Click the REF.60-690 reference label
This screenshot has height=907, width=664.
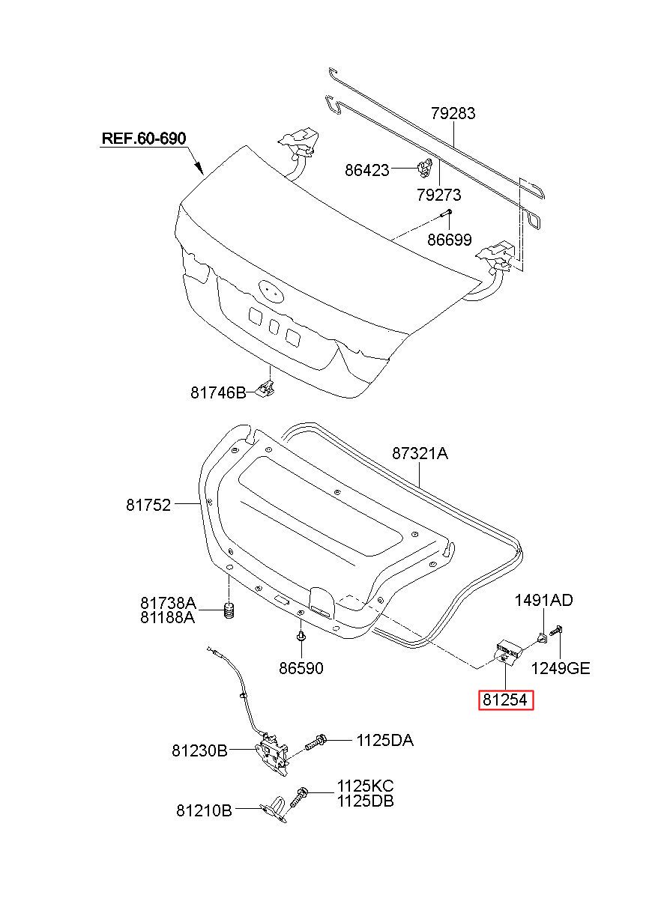coord(143,139)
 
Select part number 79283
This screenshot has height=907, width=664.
coord(453,113)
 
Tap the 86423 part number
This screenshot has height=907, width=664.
coord(366,170)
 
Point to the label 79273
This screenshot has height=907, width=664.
coord(438,195)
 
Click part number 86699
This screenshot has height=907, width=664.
coord(449,240)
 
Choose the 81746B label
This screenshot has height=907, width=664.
coord(218,392)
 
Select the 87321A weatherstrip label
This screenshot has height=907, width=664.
coord(420,454)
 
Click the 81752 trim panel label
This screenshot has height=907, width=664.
coord(148,505)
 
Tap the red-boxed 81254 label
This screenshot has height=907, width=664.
coord(506,700)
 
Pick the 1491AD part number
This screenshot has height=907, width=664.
coord(543,600)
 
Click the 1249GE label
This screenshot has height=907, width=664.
coord(561,668)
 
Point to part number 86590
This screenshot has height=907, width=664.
coord(301,668)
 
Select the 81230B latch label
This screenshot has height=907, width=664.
coord(200,750)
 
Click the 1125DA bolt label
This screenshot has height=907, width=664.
coord(385,741)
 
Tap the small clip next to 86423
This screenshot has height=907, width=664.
coord(423,167)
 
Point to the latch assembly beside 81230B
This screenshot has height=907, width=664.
coord(271,755)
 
